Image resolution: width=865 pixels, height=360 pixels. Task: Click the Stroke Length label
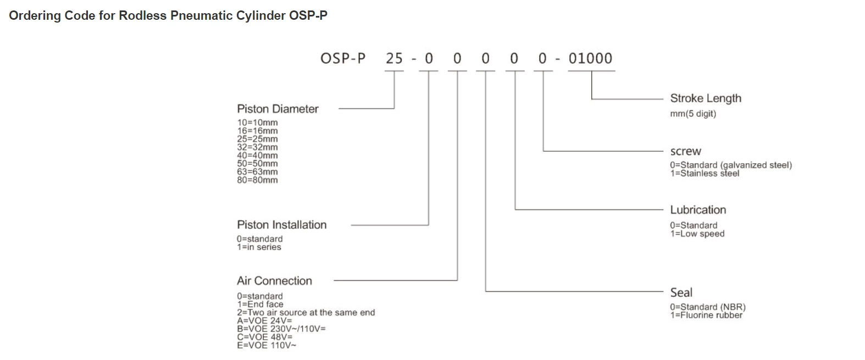pyautogui.click(x=705, y=98)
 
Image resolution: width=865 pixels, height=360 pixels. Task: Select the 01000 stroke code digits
pyautogui.click(x=590, y=58)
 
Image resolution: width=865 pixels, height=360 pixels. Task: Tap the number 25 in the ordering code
pyautogui.click(x=394, y=58)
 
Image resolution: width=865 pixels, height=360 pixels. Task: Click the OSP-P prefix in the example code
pyautogui.click(x=343, y=58)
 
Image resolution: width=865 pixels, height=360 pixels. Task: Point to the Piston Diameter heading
pyautogui.click(x=278, y=109)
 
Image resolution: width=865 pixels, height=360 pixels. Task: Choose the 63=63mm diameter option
pyautogui.click(x=257, y=171)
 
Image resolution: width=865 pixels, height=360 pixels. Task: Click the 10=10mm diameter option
pyautogui.click(x=257, y=123)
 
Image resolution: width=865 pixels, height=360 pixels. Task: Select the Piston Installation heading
pyautogui.click(x=281, y=225)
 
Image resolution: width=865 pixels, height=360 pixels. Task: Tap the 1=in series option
pyautogui.click(x=259, y=247)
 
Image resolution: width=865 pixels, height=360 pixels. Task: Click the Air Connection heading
pyautogui.click(x=274, y=281)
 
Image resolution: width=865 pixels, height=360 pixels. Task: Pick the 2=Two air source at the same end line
pyautogui.click(x=306, y=312)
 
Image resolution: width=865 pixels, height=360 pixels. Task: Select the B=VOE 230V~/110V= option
pyautogui.click(x=281, y=329)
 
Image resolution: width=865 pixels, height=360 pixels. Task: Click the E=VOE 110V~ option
pyautogui.click(x=267, y=345)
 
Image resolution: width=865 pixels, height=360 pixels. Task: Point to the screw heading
pyautogui.click(x=685, y=151)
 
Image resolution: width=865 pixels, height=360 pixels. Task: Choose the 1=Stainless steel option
pyautogui.click(x=704, y=174)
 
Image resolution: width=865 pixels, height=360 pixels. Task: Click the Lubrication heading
pyautogui.click(x=697, y=210)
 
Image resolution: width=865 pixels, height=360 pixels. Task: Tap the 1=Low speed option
pyautogui.click(x=697, y=234)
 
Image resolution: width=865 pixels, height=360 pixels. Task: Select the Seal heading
pyautogui.click(x=681, y=292)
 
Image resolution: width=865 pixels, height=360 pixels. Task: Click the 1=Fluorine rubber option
pyautogui.click(x=706, y=315)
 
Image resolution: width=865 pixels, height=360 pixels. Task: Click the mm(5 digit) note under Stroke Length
pyautogui.click(x=692, y=114)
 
